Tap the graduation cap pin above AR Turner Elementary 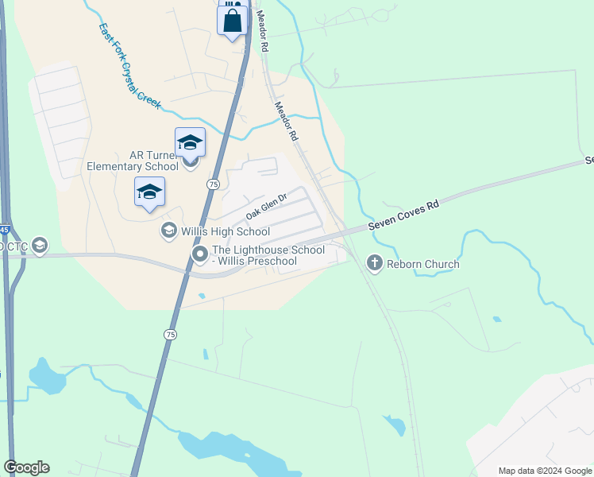[x=190, y=142]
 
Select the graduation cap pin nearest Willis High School [x=149, y=192]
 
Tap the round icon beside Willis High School [x=168, y=231]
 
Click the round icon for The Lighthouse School [x=199, y=254]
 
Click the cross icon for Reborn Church [x=373, y=263]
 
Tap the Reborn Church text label [x=423, y=264]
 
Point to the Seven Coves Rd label [x=404, y=217]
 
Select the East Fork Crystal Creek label [x=129, y=65]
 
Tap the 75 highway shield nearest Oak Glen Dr [x=213, y=184]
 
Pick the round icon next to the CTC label [x=39, y=246]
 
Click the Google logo [x=26, y=467]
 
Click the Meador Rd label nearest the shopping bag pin [x=262, y=31]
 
